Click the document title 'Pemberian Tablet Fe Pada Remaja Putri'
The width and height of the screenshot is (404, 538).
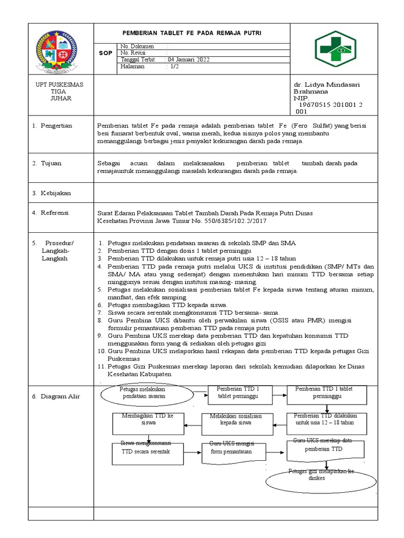[x=191, y=33]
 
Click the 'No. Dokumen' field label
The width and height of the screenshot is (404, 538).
[x=137, y=46]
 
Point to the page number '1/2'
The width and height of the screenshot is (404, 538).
[x=174, y=67]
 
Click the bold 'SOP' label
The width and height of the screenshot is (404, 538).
[x=105, y=53]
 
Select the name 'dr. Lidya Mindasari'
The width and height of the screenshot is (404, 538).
[x=327, y=85]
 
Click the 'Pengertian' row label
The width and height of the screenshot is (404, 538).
[x=56, y=126]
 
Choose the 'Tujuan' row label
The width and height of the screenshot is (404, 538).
[x=51, y=163]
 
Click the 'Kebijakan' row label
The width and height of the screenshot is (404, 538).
[x=55, y=193]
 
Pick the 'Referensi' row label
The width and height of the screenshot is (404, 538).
[x=55, y=213]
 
